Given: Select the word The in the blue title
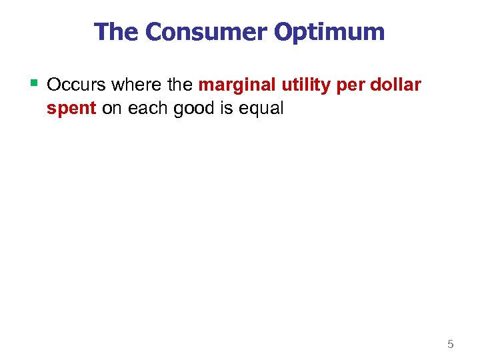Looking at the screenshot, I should [x=117, y=32].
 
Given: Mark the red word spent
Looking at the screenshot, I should [x=71, y=108].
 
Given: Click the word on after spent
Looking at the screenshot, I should [x=113, y=108].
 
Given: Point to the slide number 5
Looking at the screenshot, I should [x=450, y=344].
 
